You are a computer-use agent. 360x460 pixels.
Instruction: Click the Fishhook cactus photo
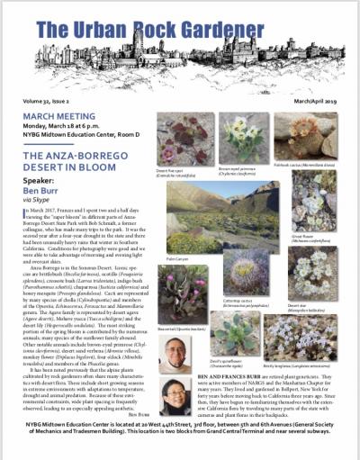pos(305,135)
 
